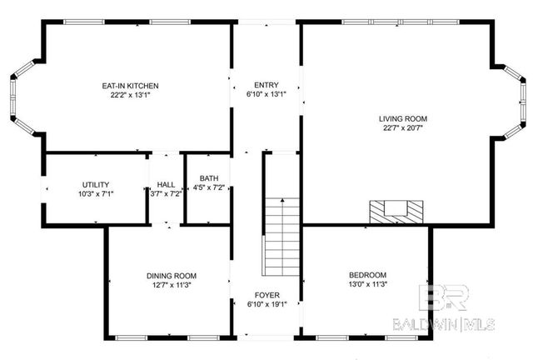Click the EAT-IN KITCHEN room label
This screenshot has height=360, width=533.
130,86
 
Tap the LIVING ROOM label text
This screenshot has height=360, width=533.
405,119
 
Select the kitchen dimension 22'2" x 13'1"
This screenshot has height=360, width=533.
130,95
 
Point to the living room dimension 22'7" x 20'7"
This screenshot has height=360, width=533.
405,128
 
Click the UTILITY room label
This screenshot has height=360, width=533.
95,184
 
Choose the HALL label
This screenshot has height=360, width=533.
165,184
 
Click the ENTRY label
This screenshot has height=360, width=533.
266,85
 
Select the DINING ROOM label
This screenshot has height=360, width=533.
172,276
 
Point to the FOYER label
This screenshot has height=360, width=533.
266,295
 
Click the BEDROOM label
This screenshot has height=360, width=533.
367,275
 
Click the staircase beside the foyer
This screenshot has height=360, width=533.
281,237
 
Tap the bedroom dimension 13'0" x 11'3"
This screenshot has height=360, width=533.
367,284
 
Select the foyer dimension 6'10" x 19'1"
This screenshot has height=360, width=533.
266,304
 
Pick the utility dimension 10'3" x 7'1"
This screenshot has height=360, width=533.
95,193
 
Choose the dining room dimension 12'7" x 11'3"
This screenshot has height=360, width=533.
172,285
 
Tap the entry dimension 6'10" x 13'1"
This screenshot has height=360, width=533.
266,94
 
